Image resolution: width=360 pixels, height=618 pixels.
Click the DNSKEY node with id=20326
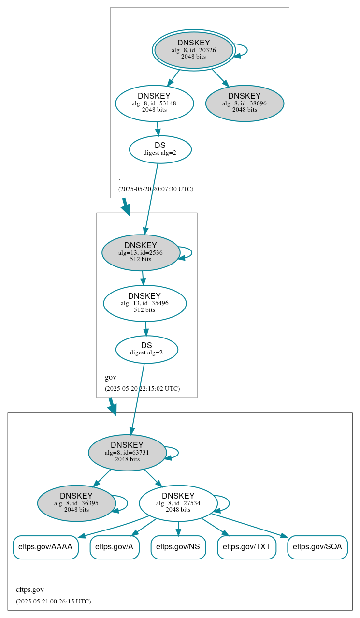pos(193,50)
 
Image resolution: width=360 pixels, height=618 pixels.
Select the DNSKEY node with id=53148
pos(155,103)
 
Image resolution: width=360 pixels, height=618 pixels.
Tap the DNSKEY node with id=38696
pos(245,103)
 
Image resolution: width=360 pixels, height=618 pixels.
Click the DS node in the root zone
pos(160,149)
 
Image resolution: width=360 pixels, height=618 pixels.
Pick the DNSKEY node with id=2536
pos(141,252)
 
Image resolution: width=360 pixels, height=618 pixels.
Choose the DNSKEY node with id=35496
pos(144,303)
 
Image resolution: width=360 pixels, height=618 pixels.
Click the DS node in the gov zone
pos(146,349)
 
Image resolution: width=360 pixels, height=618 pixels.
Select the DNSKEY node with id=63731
pos(127,453)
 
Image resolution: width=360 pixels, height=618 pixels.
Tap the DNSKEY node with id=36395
pos(76,503)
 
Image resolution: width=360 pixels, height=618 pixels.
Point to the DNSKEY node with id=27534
pos(178,503)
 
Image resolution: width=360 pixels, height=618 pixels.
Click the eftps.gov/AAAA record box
pos(45,547)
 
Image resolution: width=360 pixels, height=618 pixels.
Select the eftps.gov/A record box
pos(115,547)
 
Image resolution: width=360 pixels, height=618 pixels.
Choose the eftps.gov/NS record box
pos(178,547)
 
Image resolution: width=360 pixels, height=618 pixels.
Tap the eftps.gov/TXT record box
pos(247,547)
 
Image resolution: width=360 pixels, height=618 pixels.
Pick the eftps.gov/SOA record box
pos(317,547)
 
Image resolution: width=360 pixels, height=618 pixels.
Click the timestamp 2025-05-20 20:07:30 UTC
pos(156,189)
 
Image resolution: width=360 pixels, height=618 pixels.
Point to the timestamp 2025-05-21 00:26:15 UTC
pos(53,601)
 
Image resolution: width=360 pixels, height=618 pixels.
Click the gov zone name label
pos(111,377)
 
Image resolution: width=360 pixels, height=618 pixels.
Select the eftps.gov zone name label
pos(30,589)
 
